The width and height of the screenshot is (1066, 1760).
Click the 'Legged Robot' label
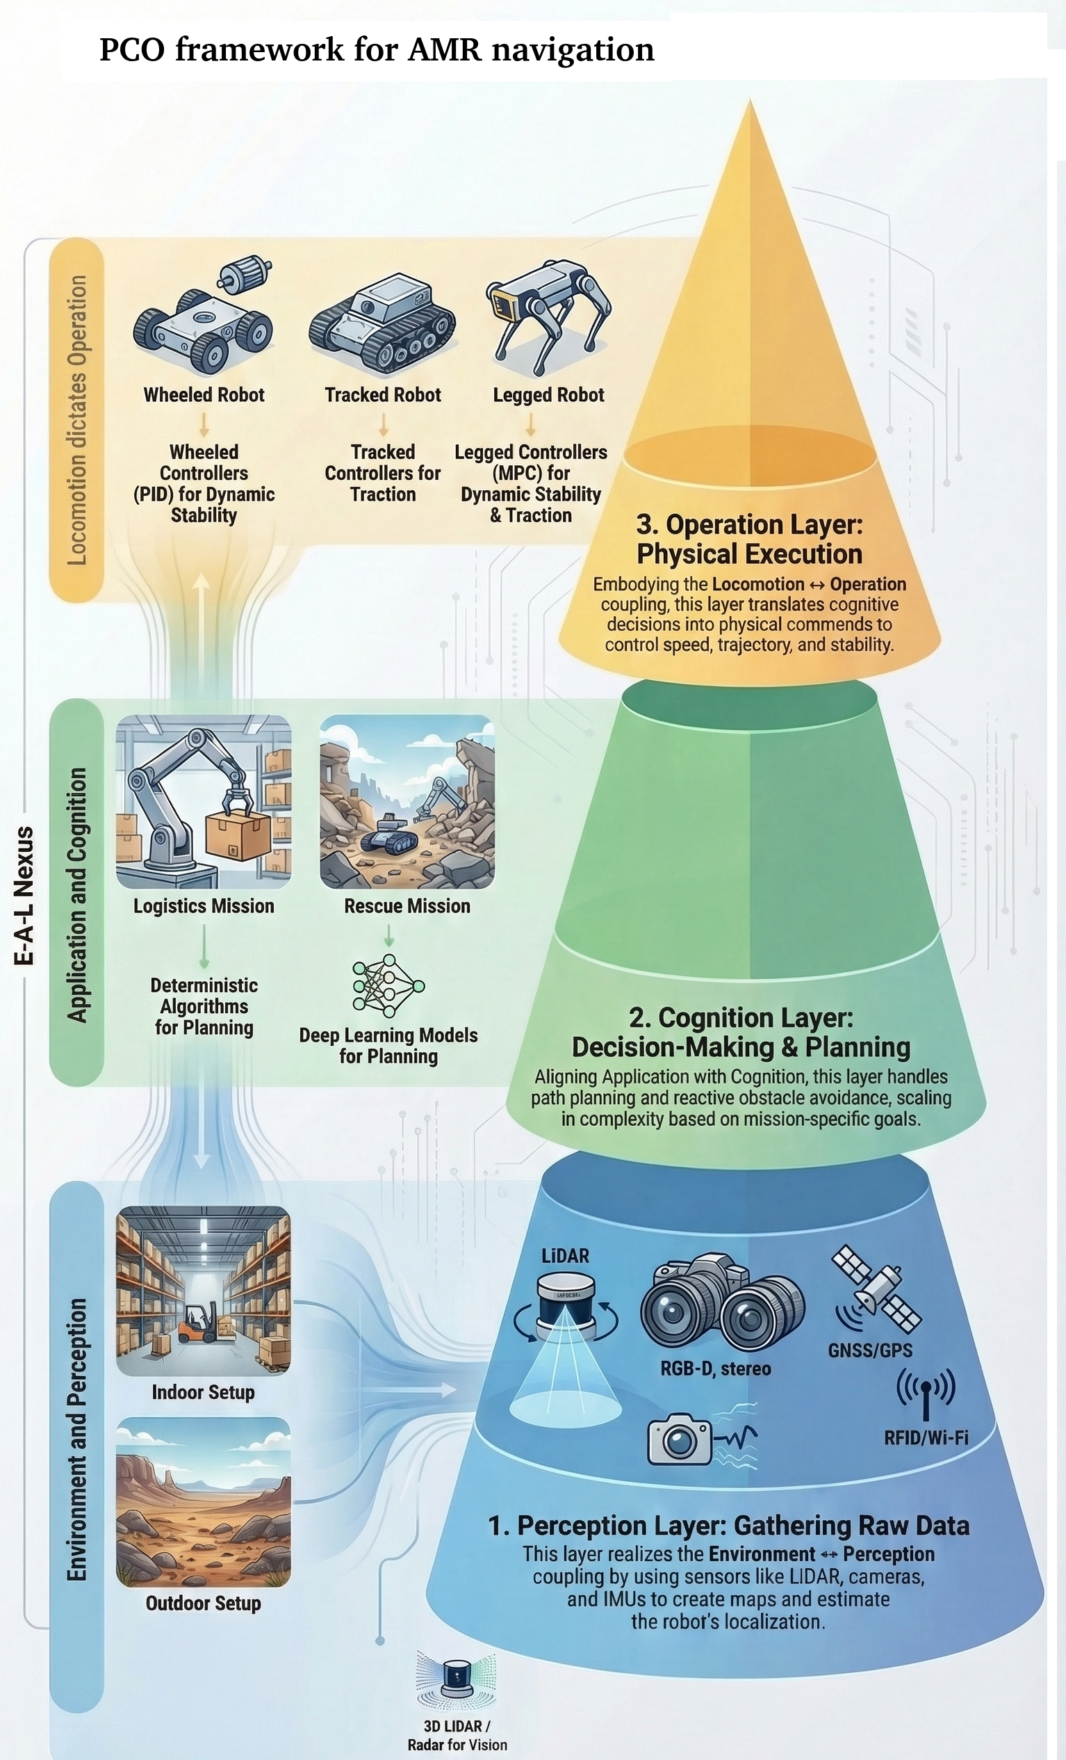(x=548, y=395)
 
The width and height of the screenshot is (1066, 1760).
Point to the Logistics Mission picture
(x=204, y=802)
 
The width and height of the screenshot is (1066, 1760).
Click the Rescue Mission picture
(x=407, y=802)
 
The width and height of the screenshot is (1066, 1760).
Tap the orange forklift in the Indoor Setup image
(x=194, y=1323)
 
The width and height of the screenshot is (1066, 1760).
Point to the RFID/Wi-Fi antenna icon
(x=926, y=1393)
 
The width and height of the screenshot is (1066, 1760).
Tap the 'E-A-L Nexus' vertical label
(x=24, y=896)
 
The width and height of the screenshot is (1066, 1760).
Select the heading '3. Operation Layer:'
(x=749, y=525)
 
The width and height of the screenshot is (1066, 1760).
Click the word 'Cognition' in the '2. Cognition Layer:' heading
(x=739, y=1018)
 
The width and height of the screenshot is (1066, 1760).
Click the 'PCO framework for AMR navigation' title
(x=376, y=50)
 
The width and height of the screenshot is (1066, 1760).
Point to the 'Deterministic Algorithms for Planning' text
(x=204, y=1006)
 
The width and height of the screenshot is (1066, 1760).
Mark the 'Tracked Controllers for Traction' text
(x=383, y=473)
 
